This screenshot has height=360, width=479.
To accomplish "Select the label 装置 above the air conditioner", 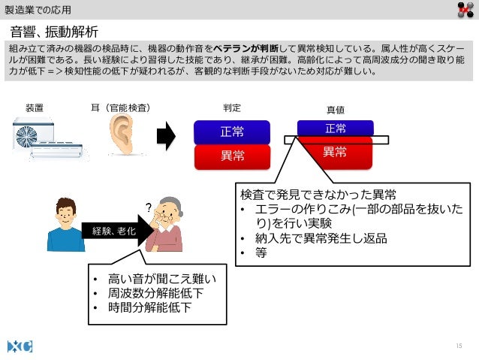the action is click(x=35, y=108).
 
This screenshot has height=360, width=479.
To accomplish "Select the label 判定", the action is click(x=232, y=108).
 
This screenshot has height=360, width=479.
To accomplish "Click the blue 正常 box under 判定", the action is click(x=232, y=132).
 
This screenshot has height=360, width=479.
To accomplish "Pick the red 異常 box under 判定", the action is click(x=232, y=156).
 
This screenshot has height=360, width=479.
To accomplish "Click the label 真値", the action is click(x=335, y=110).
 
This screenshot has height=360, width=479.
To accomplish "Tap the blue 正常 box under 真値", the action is click(x=335, y=128).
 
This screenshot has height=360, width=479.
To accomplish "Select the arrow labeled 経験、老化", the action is click(x=113, y=231).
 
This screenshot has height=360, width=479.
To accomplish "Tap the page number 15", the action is click(x=459, y=345).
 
